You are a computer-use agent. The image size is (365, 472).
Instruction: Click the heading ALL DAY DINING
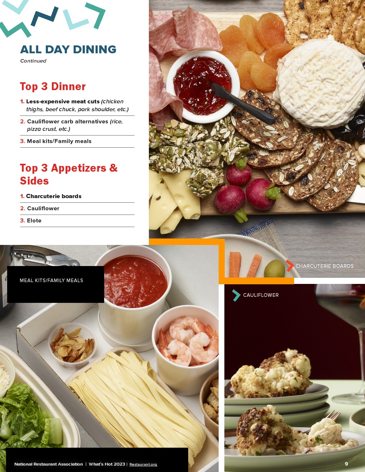68,49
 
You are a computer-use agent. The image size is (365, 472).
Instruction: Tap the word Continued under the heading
33,61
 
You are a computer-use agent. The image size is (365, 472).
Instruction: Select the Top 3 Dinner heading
53,87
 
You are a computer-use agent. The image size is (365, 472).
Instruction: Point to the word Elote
34,221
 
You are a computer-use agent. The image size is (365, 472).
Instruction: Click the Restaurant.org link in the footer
143,464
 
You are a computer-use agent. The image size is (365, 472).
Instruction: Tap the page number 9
346,464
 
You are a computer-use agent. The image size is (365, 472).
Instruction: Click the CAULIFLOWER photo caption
261,295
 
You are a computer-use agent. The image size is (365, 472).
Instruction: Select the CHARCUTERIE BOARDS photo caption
324,266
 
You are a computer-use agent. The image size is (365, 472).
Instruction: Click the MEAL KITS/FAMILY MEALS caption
51,280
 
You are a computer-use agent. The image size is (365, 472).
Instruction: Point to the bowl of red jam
203,87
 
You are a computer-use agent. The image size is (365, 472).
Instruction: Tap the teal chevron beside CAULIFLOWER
236,295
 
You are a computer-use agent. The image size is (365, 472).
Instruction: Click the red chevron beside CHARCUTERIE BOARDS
290,266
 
